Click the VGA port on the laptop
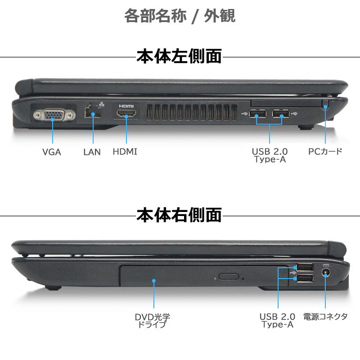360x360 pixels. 53,115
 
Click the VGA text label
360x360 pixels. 52,152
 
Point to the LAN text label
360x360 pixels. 92,152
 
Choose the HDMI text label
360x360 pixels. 125,152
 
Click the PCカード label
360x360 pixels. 325,151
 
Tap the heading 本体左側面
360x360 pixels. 179,57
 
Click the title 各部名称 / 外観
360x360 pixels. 180,16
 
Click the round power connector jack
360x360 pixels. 325,272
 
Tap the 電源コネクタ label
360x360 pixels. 325,316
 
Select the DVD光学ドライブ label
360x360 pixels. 153,320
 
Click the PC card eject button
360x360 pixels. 325,106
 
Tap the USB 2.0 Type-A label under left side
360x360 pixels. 270,155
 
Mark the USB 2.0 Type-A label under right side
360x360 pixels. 277,320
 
